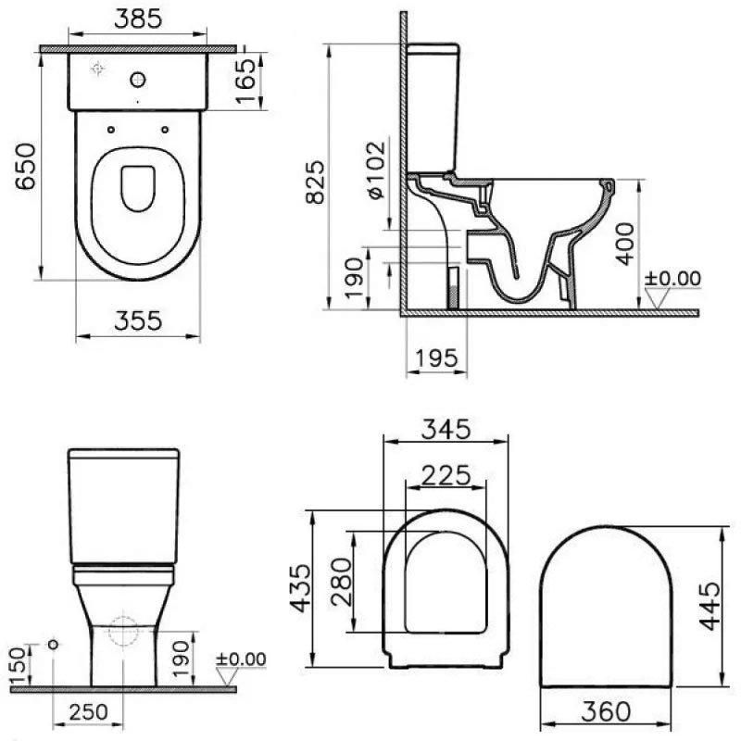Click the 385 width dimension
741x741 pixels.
(x=138, y=18)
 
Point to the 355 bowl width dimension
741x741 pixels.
(x=138, y=320)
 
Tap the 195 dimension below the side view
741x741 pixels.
(x=436, y=357)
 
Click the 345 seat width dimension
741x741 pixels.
(x=446, y=429)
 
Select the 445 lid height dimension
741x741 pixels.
(x=710, y=607)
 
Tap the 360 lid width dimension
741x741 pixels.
(x=606, y=711)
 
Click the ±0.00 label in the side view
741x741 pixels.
(x=673, y=278)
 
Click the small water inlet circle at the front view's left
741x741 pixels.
(x=53, y=644)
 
